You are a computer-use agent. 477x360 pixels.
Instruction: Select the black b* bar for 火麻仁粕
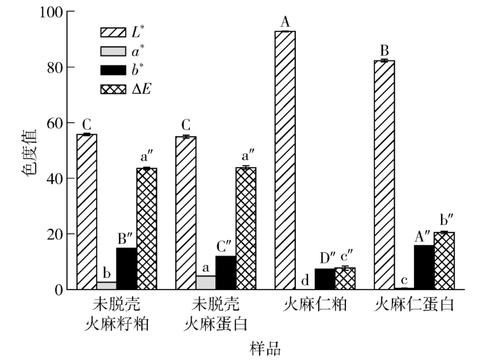[324, 279]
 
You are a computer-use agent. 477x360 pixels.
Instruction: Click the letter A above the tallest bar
[285, 22]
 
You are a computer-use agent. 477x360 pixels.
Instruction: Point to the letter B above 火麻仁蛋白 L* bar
[384, 50]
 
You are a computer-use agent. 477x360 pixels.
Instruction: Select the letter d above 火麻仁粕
[305, 281]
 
